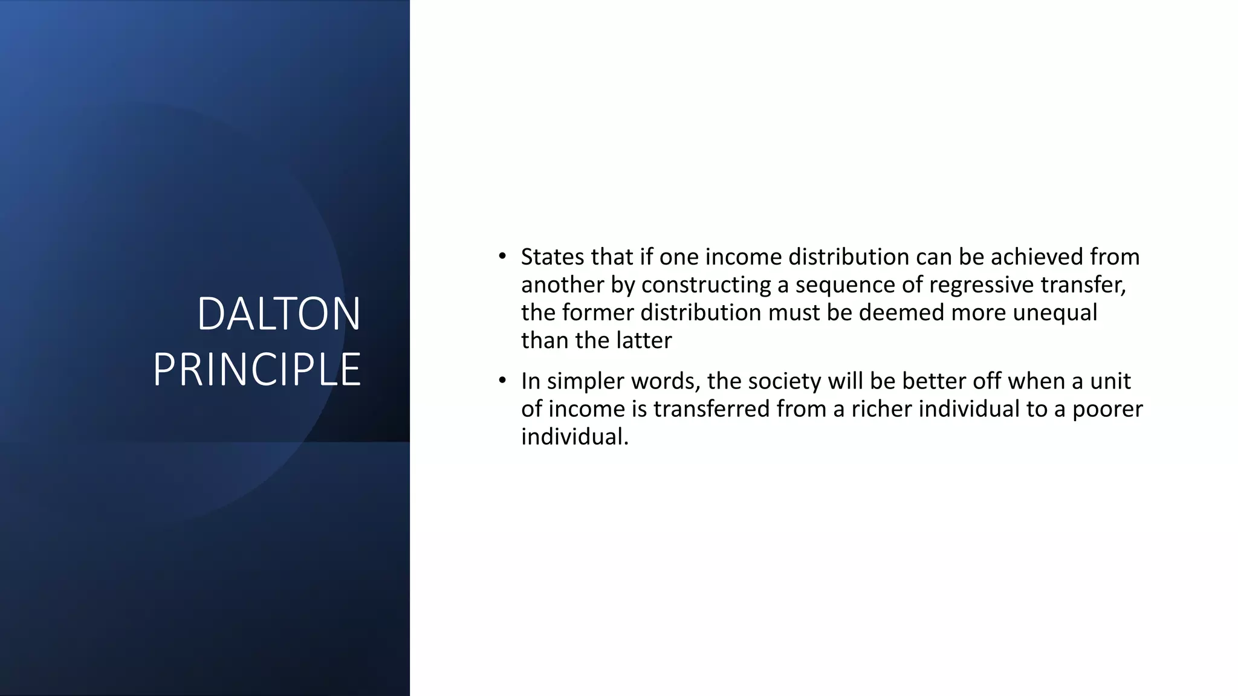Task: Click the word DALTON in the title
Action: [279, 314]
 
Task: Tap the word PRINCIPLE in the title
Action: [257, 370]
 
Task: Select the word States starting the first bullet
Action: [552, 257]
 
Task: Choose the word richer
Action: [882, 409]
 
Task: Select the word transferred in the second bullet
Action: [711, 409]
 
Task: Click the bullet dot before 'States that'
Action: [502, 257]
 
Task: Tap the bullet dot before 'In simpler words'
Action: [502, 381]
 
